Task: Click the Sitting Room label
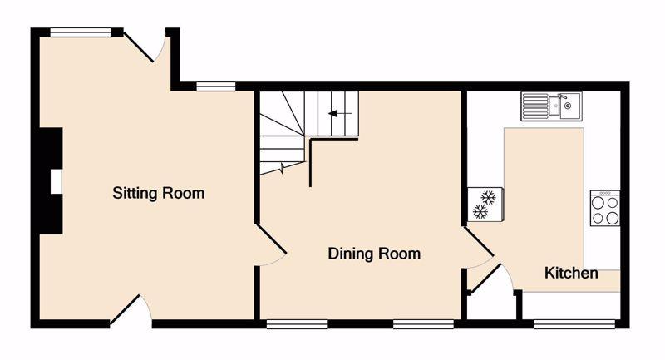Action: click(158, 194)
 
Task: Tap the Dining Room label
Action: click(374, 254)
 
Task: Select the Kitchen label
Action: click(571, 273)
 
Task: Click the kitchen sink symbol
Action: click(551, 106)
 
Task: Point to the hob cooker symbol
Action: click(605, 208)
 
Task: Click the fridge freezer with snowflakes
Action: click(485, 205)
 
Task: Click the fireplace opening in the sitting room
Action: click(57, 181)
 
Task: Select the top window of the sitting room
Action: click(80, 32)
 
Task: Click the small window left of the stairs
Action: click(216, 86)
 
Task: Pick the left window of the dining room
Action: click(297, 324)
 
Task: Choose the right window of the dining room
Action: click(423, 324)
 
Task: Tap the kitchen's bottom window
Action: click(574, 324)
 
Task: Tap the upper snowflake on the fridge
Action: click(488, 198)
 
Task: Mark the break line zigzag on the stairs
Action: click(282, 169)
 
